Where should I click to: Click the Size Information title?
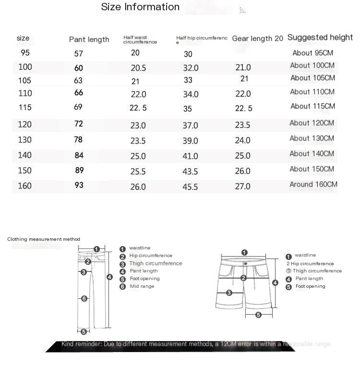[x=140, y=7]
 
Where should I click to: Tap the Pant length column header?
[x=89, y=39]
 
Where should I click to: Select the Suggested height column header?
[x=320, y=37]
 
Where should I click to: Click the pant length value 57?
[x=78, y=54]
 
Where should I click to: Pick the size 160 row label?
[x=24, y=186]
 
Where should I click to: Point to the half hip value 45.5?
[x=190, y=187]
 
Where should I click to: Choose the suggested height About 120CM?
[x=312, y=123]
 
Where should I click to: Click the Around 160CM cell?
[x=313, y=184]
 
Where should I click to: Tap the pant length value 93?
[x=79, y=185]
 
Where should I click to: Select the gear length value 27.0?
[x=242, y=187]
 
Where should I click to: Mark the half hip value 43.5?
[x=190, y=171]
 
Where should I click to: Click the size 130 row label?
[x=24, y=140]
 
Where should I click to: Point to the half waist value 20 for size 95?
[x=135, y=53]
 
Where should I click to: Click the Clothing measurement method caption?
[x=44, y=239]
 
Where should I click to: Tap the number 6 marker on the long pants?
[x=84, y=299]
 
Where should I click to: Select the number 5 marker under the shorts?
[x=258, y=315]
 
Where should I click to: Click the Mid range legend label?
[x=142, y=286]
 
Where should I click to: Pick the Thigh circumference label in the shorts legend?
[x=317, y=271]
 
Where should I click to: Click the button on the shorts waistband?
[x=245, y=263]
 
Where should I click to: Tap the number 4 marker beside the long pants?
[x=109, y=277]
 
